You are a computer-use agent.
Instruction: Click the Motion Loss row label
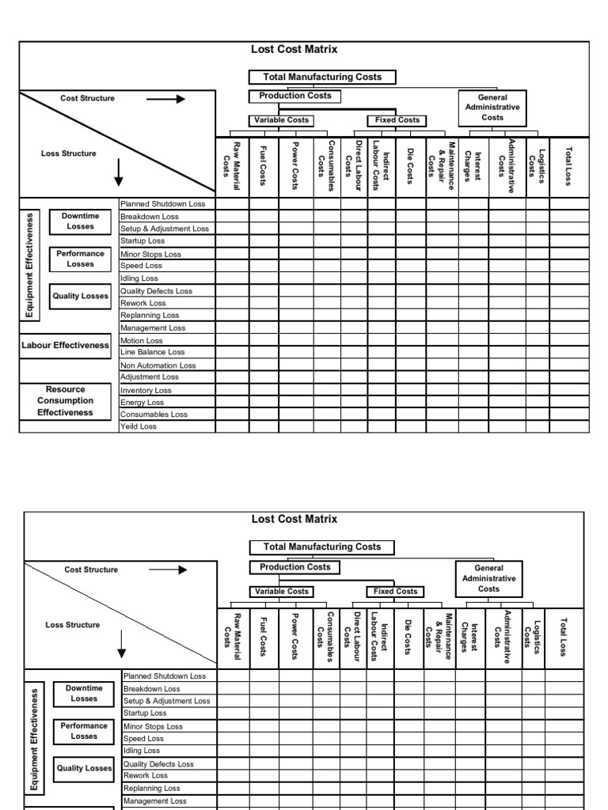click(142, 341)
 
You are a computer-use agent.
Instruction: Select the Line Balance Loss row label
click(152, 352)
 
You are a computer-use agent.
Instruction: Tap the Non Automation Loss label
click(158, 365)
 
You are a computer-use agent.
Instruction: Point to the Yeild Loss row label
click(139, 426)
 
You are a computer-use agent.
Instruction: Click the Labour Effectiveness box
click(66, 346)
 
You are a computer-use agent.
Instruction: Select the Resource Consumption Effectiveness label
click(66, 401)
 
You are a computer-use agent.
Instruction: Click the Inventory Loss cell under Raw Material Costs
click(232, 390)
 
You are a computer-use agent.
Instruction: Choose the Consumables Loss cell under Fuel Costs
click(264, 414)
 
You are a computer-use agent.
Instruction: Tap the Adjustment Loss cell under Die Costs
click(411, 377)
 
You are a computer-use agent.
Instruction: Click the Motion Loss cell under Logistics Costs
click(536, 341)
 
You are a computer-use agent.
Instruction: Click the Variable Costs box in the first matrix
click(280, 120)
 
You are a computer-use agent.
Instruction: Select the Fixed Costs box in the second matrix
click(396, 591)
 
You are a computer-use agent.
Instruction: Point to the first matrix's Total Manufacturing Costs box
click(322, 78)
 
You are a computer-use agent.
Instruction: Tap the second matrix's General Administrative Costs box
click(488, 578)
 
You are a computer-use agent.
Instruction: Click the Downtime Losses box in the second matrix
click(84, 694)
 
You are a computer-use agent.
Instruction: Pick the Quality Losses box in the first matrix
click(80, 297)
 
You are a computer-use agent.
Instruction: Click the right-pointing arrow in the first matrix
click(166, 99)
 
